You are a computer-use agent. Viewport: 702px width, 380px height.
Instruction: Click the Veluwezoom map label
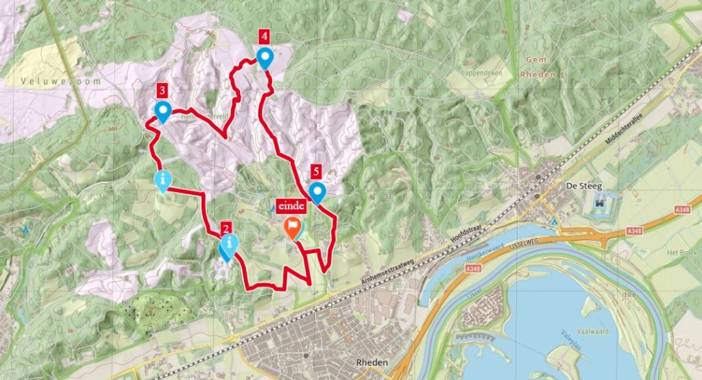[x=51, y=81]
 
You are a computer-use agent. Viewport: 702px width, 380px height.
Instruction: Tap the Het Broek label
[x=681, y=252]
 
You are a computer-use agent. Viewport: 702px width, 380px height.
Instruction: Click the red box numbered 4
[x=264, y=36]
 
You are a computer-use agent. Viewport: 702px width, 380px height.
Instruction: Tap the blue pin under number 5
[x=317, y=192]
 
